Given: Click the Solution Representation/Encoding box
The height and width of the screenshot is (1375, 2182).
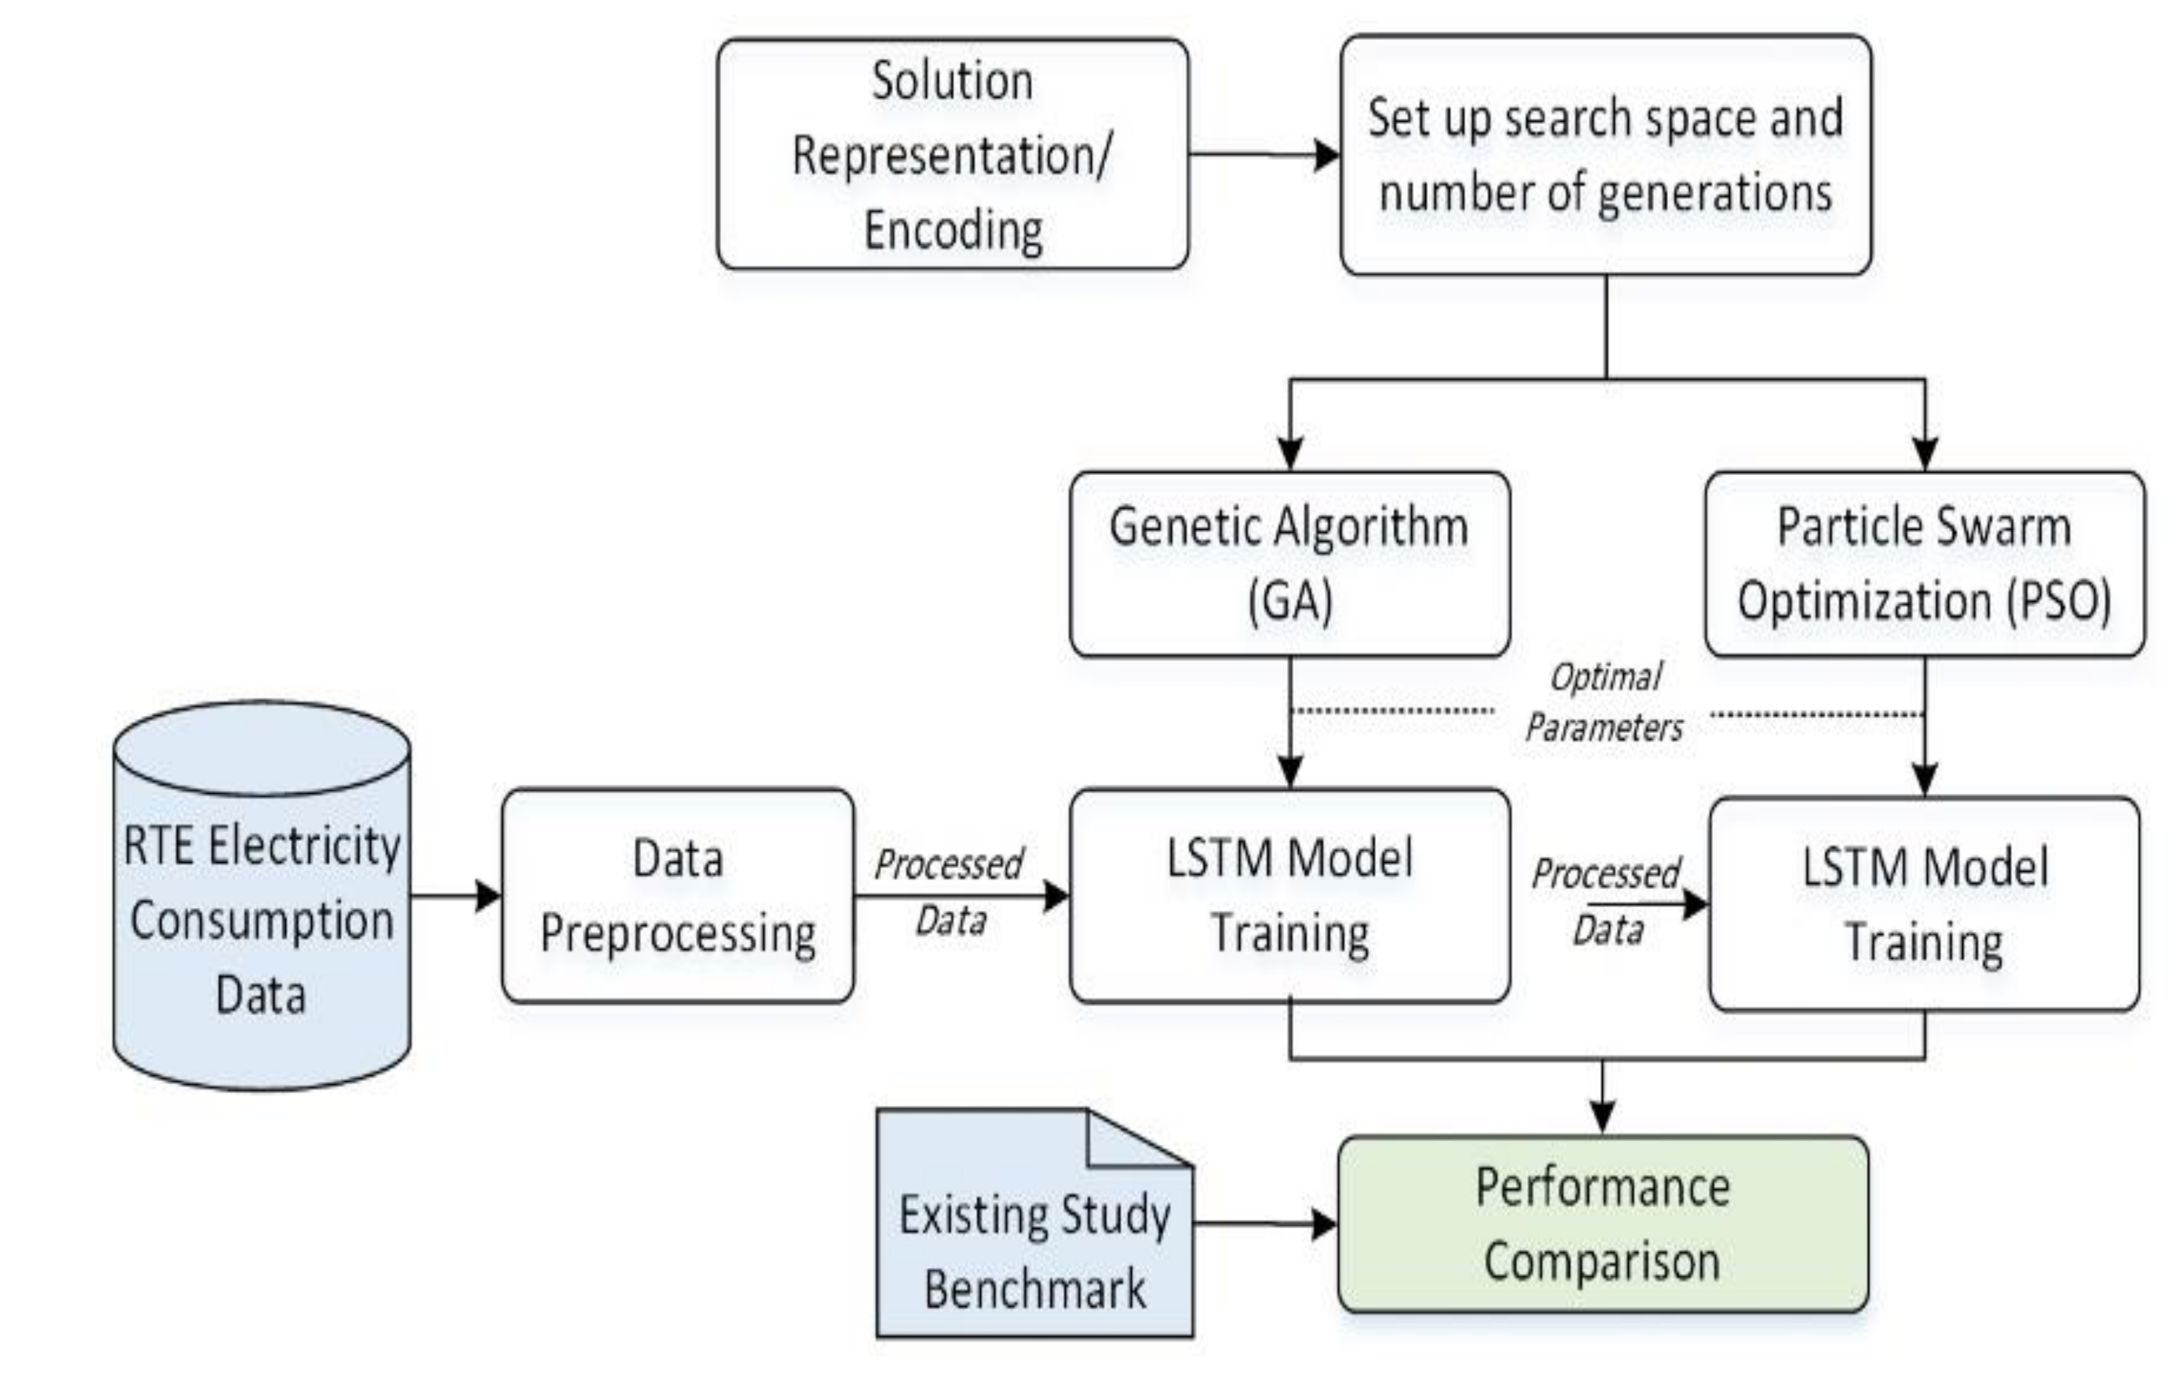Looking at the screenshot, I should pyautogui.click(x=951, y=154).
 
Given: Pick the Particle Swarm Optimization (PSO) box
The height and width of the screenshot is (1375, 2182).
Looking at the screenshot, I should pyautogui.click(x=1923, y=563).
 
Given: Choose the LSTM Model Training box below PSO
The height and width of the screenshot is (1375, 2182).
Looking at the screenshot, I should pyautogui.click(x=1923, y=904).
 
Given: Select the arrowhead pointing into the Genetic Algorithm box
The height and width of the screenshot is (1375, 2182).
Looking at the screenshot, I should pyautogui.click(x=1289, y=453).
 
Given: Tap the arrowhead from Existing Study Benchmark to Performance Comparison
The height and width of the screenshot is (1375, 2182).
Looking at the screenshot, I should pyautogui.click(x=1324, y=1225).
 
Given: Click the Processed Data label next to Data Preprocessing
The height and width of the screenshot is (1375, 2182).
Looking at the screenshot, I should pyautogui.click(x=949, y=892).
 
